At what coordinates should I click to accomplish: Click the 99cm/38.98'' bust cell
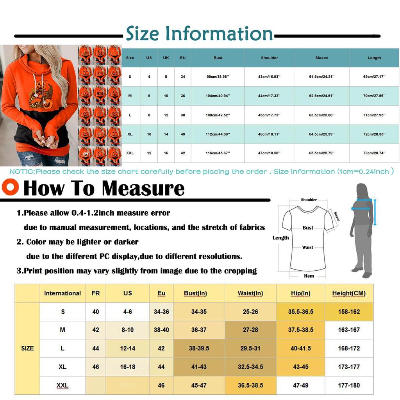218,77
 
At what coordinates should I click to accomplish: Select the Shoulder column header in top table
270,58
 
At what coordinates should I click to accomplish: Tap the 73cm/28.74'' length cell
374,153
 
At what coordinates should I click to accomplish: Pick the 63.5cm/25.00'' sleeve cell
321,115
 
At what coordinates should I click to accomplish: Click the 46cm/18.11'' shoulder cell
270,134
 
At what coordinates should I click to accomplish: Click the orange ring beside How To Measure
10,187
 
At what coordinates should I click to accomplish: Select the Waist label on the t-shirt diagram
307,247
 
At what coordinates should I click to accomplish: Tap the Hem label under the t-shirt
309,276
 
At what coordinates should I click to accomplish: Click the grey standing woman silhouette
361,230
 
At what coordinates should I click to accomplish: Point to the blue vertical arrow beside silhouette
375,212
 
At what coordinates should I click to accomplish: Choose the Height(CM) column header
349,293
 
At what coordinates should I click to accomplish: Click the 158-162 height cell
349,312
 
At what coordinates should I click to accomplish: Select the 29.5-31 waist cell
250,348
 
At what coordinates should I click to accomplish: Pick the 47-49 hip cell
300,385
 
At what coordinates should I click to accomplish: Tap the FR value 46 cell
96,367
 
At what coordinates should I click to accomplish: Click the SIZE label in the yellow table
27,348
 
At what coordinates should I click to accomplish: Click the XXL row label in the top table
130,153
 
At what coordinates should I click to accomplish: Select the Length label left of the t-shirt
280,238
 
